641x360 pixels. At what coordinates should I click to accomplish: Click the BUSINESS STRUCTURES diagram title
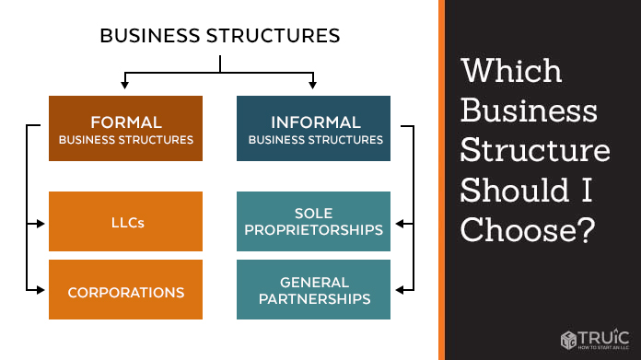[x=220, y=36]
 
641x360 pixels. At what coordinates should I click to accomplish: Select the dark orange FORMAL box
[x=125, y=128]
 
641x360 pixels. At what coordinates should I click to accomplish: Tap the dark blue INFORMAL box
[x=313, y=128]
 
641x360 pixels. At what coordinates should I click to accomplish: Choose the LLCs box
[x=125, y=222]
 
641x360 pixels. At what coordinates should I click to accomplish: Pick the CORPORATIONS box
[x=125, y=289]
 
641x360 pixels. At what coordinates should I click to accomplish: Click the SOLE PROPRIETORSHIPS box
[x=313, y=222]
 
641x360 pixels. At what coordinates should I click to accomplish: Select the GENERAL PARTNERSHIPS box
[x=313, y=289]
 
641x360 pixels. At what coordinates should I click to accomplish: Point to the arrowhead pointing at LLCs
[x=41, y=224]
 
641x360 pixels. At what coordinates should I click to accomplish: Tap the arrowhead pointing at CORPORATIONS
[x=41, y=290]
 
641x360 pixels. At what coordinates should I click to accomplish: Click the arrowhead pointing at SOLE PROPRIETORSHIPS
[x=400, y=224]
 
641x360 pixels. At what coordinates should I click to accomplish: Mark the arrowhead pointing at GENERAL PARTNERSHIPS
[x=400, y=290]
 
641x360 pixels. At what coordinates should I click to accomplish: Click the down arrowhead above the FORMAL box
[x=124, y=85]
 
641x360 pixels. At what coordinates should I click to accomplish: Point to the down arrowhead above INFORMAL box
[x=313, y=85]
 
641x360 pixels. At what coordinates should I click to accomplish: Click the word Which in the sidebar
[x=511, y=70]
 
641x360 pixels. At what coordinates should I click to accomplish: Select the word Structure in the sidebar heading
[x=535, y=150]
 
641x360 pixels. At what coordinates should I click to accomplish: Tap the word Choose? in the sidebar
[x=528, y=229]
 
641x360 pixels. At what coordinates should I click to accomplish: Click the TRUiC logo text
[x=603, y=338]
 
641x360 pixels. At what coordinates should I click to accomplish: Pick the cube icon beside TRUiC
[x=568, y=340]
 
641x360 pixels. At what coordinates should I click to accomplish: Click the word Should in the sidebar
[x=515, y=190]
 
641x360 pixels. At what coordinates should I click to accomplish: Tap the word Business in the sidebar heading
[x=529, y=110]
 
